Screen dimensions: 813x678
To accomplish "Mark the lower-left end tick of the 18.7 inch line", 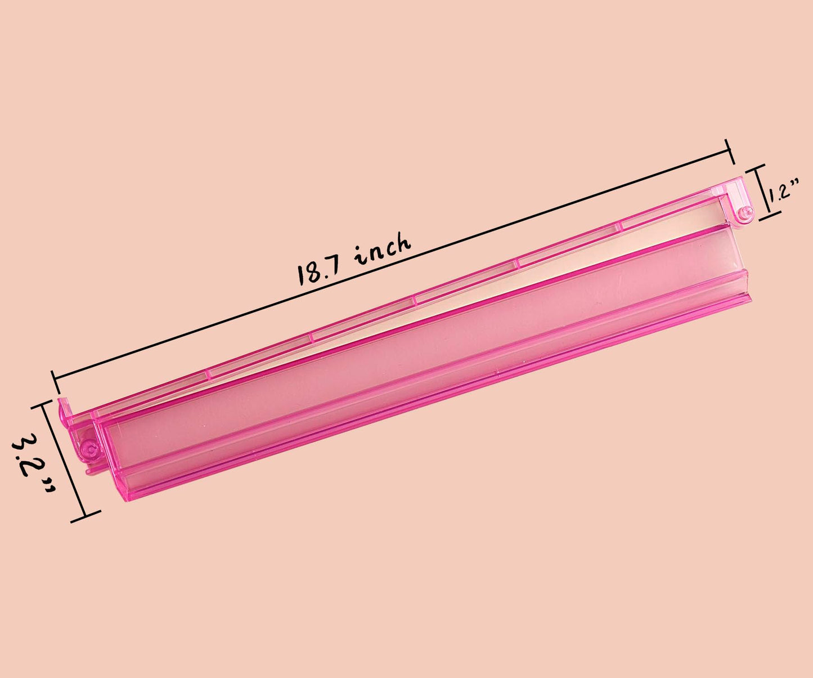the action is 56,382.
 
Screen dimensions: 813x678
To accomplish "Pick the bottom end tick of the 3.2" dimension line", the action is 86,516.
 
